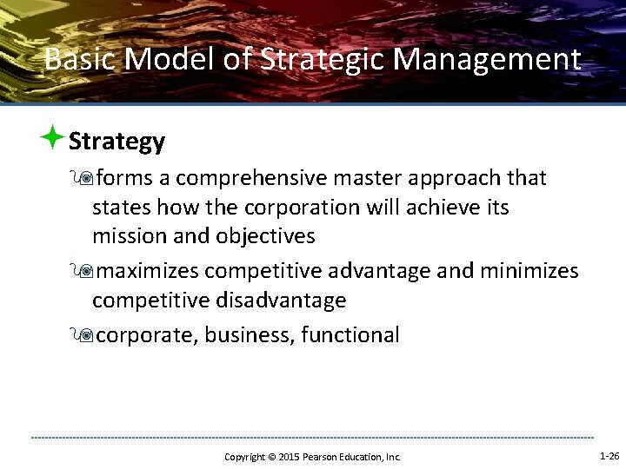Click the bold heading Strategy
pos(117,142)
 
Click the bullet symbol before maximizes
pos(84,272)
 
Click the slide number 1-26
pos(609,455)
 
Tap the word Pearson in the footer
pos(319,457)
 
